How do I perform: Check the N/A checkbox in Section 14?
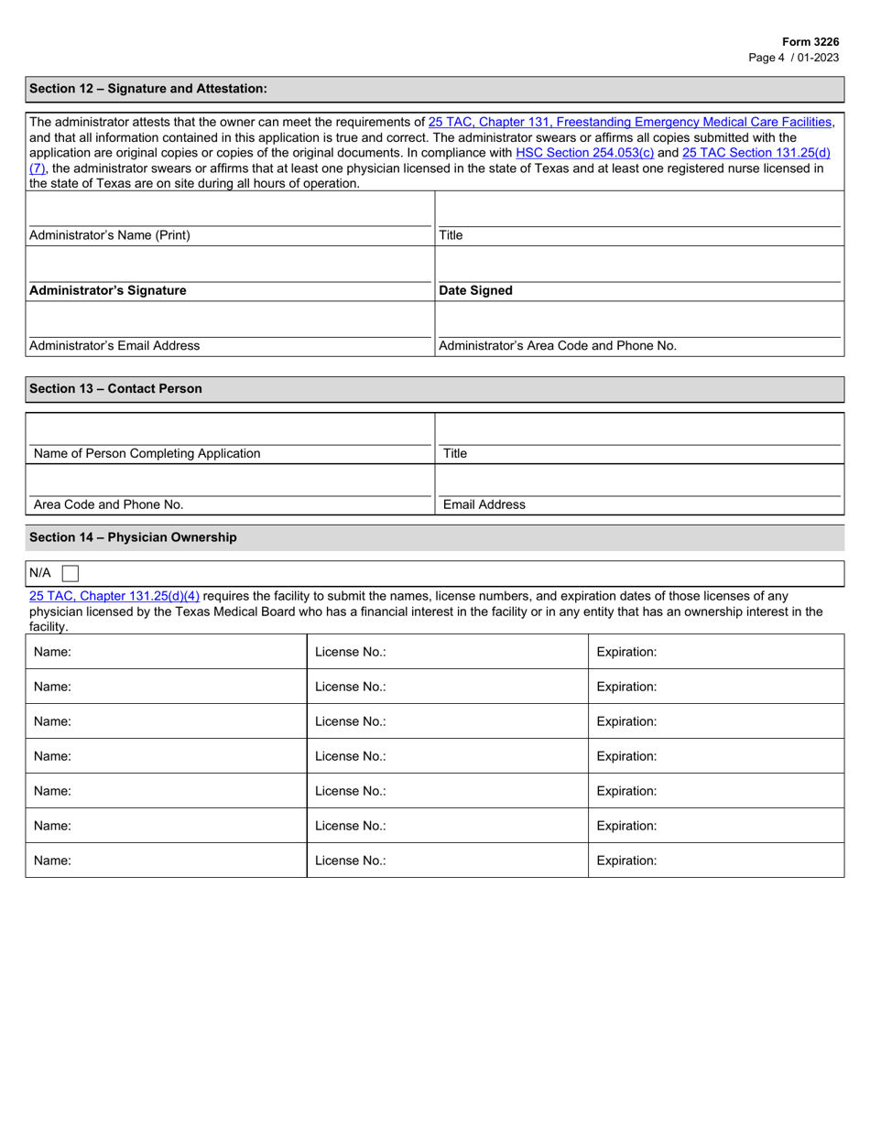71,574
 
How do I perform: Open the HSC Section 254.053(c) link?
584,154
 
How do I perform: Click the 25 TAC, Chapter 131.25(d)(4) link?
114,596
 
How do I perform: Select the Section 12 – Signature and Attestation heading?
148,89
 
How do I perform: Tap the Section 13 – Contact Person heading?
115,389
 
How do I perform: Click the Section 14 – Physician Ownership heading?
133,537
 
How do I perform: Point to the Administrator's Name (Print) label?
110,235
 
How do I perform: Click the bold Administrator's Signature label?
108,290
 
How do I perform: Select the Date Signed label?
475,290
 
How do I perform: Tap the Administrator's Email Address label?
114,346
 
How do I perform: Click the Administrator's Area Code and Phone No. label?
558,346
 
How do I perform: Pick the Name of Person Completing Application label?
147,453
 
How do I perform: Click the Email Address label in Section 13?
484,504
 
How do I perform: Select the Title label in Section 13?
455,453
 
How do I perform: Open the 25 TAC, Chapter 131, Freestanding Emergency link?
630,122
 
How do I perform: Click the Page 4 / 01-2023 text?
793,57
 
